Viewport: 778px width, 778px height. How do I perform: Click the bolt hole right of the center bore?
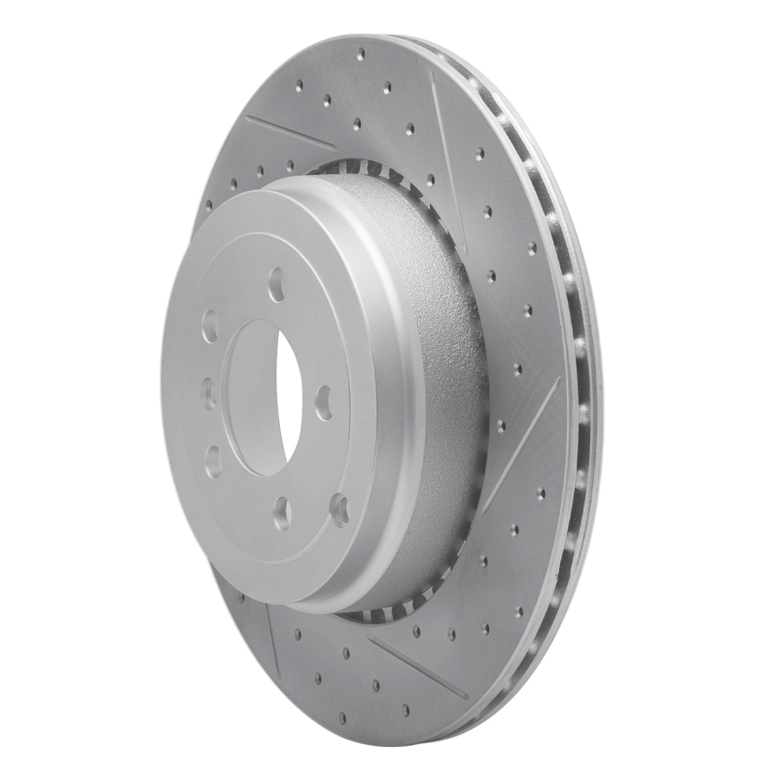323,401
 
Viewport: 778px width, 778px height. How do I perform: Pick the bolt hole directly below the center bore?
282,508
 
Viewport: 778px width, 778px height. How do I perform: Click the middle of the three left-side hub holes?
208,392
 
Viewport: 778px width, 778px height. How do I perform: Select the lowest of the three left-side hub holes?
213,459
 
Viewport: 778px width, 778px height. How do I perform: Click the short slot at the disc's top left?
290,133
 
